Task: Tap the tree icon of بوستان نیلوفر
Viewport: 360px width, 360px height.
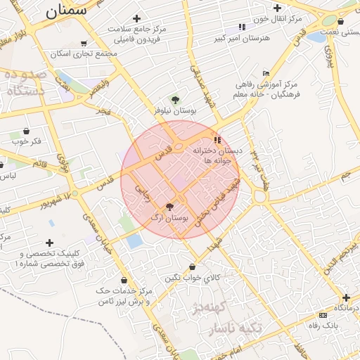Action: pyautogui.click(x=175, y=99)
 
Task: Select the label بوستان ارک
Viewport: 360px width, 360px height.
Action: pyautogui.click(x=169, y=219)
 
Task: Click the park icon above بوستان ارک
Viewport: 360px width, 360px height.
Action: pyautogui.click(x=169, y=207)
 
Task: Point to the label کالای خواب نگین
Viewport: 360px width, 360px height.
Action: pyautogui.click(x=193, y=278)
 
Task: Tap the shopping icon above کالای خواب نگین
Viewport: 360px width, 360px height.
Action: pyautogui.click(x=193, y=267)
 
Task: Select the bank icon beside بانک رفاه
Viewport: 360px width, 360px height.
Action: pyautogui.click(x=323, y=315)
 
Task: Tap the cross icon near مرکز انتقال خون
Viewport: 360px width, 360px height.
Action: pyautogui.click(x=278, y=8)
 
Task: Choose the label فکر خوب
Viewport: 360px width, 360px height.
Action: pyautogui.click(x=27, y=141)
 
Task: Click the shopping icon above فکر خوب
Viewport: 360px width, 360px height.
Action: pyautogui.click(x=27, y=131)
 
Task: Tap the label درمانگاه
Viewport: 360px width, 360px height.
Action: pyautogui.click(x=346, y=309)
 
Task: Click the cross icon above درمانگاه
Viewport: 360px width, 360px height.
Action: pyautogui.click(x=346, y=297)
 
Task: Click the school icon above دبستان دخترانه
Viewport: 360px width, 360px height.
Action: pyautogui.click(x=217, y=140)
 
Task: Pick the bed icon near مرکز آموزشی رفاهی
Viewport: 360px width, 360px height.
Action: pyautogui.click(x=265, y=73)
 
